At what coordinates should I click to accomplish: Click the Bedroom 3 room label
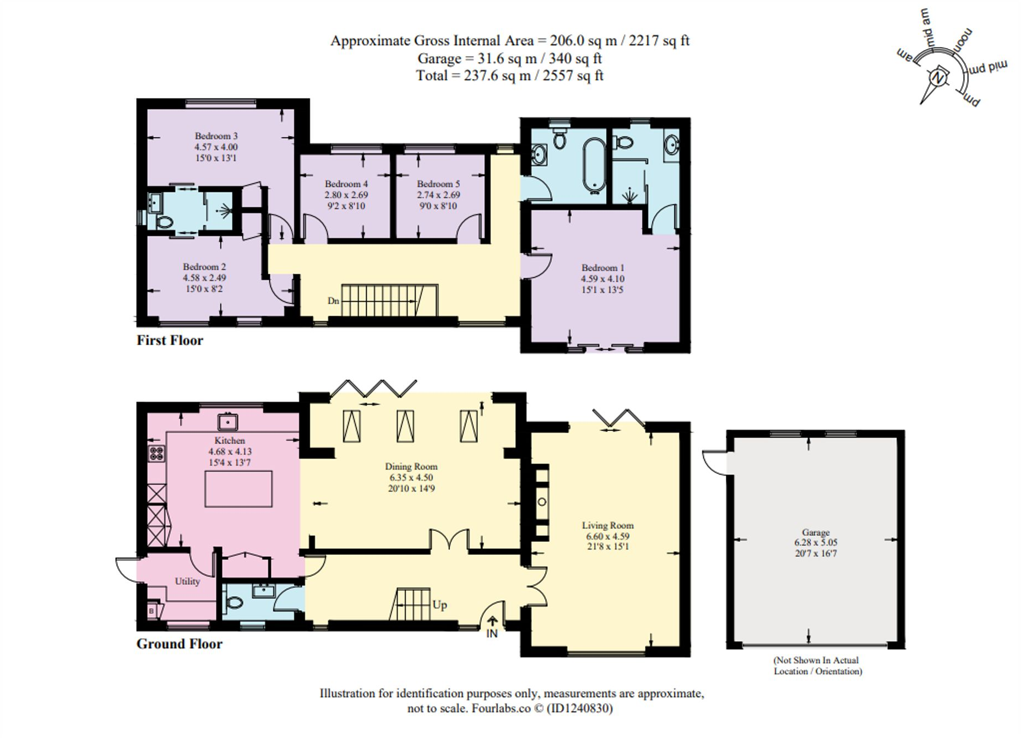click(216, 136)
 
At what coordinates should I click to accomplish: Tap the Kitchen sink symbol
click(227, 422)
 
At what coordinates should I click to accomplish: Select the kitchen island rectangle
click(238, 489)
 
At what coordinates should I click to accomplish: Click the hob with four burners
click(156, 454)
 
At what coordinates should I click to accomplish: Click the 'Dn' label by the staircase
click(333, 301)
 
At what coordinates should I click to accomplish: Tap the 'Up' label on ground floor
click(439, 605)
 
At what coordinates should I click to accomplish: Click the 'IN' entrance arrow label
click(492, 633)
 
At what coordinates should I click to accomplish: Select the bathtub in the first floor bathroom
click(594, 165)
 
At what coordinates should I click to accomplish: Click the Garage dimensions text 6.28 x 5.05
click(816, 543)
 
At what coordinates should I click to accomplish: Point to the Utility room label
click(187, 581)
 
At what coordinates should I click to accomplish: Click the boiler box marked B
click(152, 611)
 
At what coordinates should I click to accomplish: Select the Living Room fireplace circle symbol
click(542, 502)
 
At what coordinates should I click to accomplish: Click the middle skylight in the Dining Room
click(405, 426)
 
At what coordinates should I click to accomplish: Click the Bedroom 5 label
click(438, 184)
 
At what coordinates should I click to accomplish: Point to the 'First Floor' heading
click(170, 340)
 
